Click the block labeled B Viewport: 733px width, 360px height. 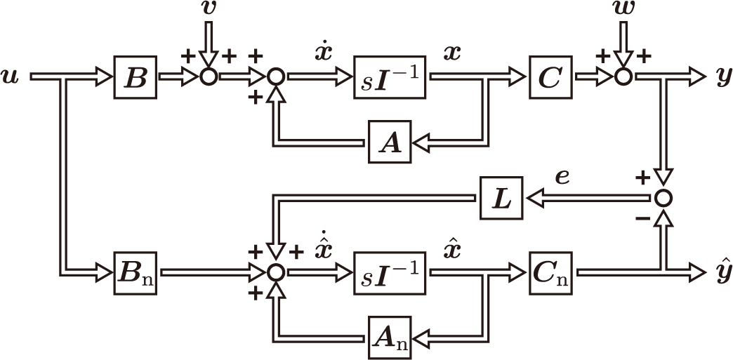pyautogui.click(x=135, y=78)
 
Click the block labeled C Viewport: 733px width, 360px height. pyautogui.click(x=550, y=78)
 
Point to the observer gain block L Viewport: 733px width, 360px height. pyautogui.click(x=502, y=199)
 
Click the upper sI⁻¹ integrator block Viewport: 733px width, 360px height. pyautogui.click(x=390, y=78)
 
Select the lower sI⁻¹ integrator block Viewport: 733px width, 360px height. pyautogui.click(x=390, y=272)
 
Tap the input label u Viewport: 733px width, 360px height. pyautogui.click(x=11, y=76)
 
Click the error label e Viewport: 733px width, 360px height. pyautogui.click(x=562, y=176)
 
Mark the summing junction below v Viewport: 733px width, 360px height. pyautogui.click(x=208, y=77)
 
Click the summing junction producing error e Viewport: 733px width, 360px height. pyautogui.click(x=662, y=199)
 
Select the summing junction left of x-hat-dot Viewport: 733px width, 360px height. pyautogui.click(x=277, y=272)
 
